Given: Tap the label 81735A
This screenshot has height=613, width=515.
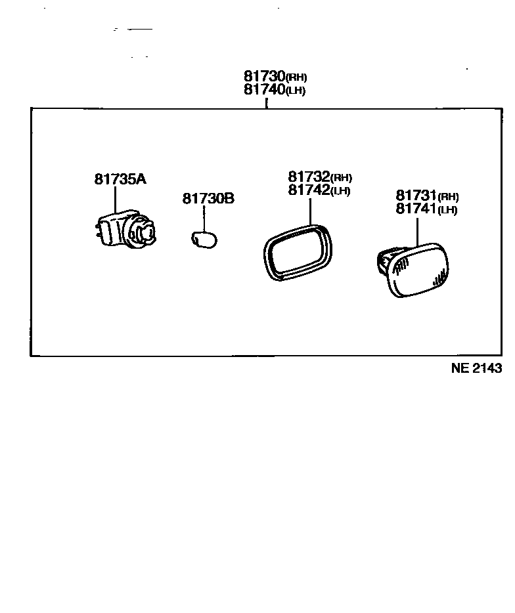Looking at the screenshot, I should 120,179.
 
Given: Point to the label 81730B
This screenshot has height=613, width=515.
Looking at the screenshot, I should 208,198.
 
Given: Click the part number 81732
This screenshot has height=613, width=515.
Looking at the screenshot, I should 308,177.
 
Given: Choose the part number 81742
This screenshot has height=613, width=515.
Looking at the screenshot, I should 308,190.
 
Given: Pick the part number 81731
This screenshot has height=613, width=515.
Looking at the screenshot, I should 416,196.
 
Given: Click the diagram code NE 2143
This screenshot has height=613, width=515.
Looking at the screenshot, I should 476,368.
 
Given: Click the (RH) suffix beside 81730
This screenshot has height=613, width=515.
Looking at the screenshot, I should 296,78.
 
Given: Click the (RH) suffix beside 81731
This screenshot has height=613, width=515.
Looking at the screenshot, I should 448,197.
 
